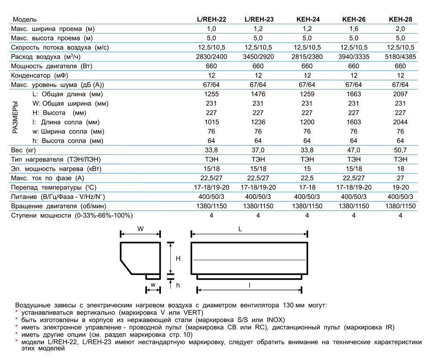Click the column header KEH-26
click(353, 19)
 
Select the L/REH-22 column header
click(211, 19)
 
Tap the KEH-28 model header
click(400, 19)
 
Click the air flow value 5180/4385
click(400, 57)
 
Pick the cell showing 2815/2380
click(307, 57)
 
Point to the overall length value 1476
click(258, 94)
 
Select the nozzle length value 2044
click(400, 122)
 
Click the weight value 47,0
click(353, 150)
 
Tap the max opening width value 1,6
click(353, 29)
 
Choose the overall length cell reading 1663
click(353, 94)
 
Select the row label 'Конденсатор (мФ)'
click(40, 75)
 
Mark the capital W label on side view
click(140, 229)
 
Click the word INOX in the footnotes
click(275, 320)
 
